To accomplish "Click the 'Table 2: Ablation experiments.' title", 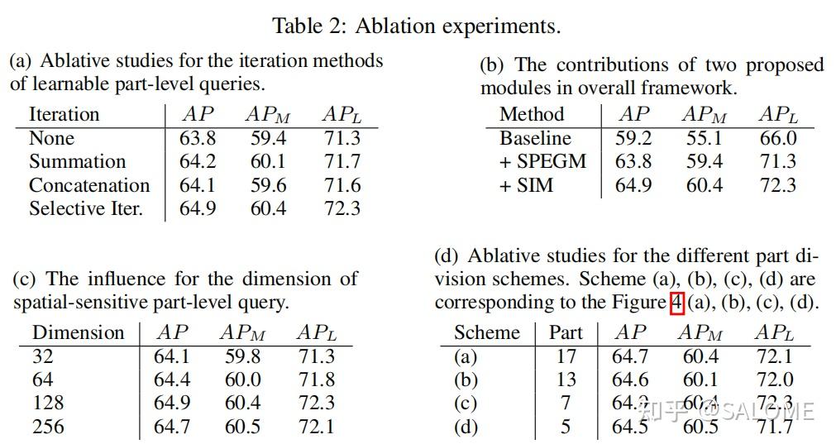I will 417,26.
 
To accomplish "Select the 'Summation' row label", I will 77,161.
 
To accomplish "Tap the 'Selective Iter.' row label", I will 86,208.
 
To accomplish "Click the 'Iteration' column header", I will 64,114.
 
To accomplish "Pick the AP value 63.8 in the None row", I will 197,138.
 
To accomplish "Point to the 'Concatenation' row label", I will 89,185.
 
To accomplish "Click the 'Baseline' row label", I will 535,138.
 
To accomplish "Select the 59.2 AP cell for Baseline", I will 633,138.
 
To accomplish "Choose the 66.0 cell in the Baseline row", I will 778,138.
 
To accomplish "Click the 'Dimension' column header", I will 79,332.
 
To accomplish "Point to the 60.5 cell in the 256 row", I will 243,427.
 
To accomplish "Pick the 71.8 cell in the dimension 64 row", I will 316,380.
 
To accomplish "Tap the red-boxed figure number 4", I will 676,303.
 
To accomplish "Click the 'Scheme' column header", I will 486,332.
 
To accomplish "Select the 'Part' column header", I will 566,332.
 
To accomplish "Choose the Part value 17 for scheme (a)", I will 566,356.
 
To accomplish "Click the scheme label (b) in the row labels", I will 466,380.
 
